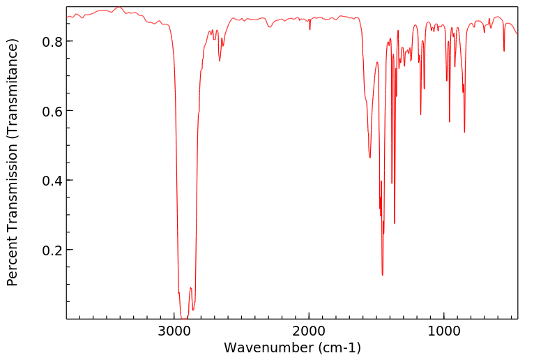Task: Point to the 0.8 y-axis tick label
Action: (x=52, y=41)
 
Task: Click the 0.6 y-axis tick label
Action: (x=52, y=111)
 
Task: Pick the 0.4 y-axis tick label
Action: (x=52, y=181)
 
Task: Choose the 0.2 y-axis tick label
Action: (x=52, y=250)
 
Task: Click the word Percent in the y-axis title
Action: (x=12, y=262)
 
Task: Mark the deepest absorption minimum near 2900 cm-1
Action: (x=184, y=317)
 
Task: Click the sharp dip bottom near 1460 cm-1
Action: (x=382, y=275)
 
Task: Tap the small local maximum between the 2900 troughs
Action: (x=190, y=287)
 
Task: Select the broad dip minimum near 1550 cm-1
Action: (x=370, y=158)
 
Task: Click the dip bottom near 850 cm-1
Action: (x=464, y=132)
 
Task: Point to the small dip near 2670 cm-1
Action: (x=220, y=61)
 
